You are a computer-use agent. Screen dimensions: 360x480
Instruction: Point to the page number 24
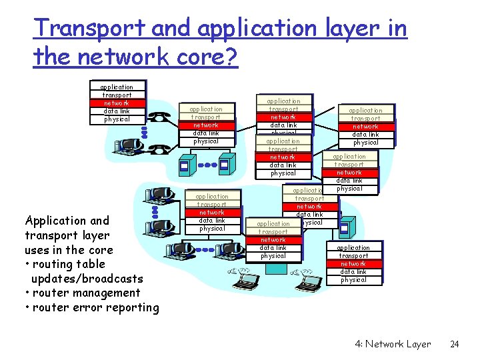coord(455,344)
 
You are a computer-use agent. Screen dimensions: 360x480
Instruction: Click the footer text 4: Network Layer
coord(393,344)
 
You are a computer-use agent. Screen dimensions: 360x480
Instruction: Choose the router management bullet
coord(83,293)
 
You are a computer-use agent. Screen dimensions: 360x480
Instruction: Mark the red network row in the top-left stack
coord(117,103)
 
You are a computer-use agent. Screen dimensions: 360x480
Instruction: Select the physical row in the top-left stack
coord(117,119)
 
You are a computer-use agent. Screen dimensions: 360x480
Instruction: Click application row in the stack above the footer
coord(353,247)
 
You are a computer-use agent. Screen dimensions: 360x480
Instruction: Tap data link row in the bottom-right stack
coord(353,271)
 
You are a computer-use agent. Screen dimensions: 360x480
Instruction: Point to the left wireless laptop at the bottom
coord(241,273)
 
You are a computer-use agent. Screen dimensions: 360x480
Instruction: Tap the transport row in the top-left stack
coord(117,95)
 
